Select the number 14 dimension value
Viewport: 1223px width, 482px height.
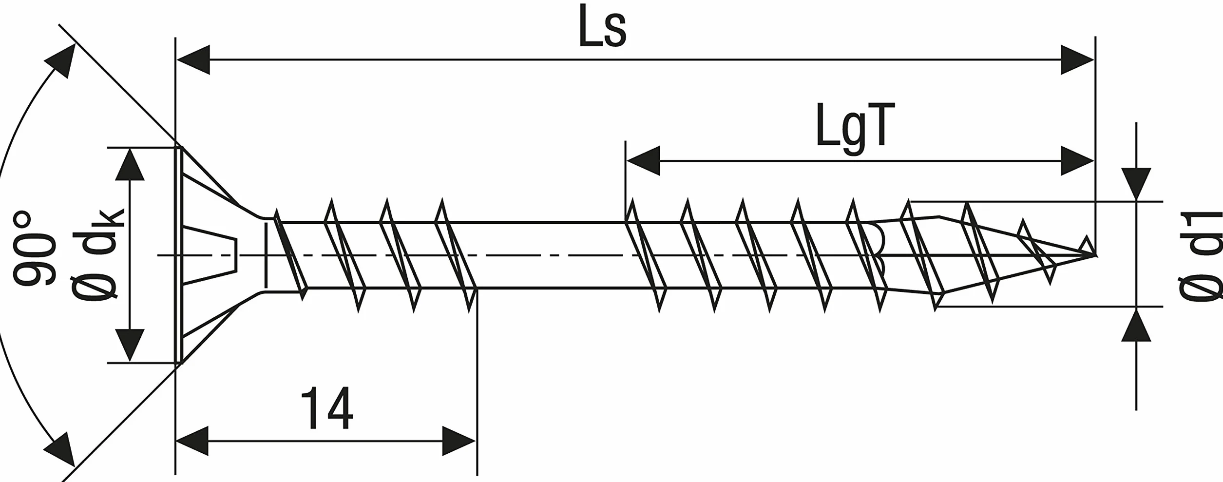[x=326, y=408]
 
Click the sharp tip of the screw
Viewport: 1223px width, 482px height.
[x=1096, y=255]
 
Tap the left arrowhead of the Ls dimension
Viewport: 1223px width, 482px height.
[x=193, y=59]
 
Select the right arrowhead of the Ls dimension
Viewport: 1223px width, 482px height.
[x=1078, y=59]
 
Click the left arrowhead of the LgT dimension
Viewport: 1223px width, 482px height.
[x=643, y=161]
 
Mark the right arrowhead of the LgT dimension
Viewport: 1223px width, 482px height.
[x=1078, y=161]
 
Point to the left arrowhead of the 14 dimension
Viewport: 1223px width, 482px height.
[x=192, y=441]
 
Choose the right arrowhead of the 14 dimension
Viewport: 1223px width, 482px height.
[x=459, y=441]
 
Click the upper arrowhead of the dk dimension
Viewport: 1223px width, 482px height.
[x=130, y=164]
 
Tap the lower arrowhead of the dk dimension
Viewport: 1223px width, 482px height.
[x=130, y=346]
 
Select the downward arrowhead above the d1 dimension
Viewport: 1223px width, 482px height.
[x=1136, y=184]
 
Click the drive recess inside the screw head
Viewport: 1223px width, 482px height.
[x=210, y=255]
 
